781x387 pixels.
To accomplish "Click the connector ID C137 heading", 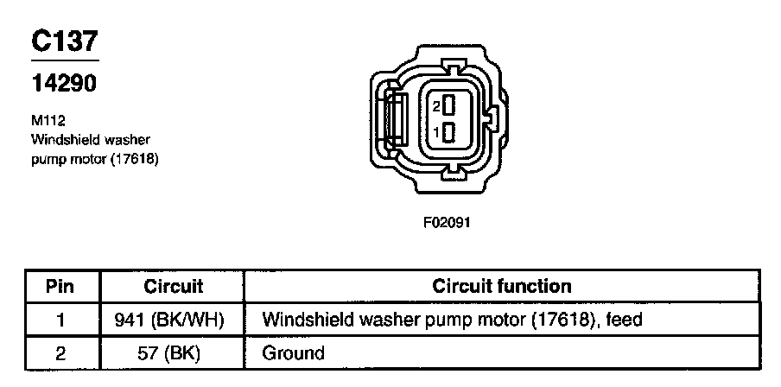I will coord(65,41).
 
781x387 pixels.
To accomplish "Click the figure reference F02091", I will coord(448,221).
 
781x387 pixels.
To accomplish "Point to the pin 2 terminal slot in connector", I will coord(449,105).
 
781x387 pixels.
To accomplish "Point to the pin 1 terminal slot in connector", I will coord(449,132).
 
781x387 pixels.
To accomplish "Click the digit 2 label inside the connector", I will coord(437,106).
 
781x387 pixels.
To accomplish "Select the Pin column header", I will coord(60,286).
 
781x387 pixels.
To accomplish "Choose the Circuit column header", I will coord(173,286).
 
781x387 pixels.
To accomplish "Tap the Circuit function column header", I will coord(501,286).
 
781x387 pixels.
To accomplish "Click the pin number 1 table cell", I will coord(60,320).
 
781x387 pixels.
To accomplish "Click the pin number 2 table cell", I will coord(60,352).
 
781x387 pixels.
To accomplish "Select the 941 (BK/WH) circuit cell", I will coord(169,320).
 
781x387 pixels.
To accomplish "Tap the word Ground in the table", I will coord(293,352).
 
